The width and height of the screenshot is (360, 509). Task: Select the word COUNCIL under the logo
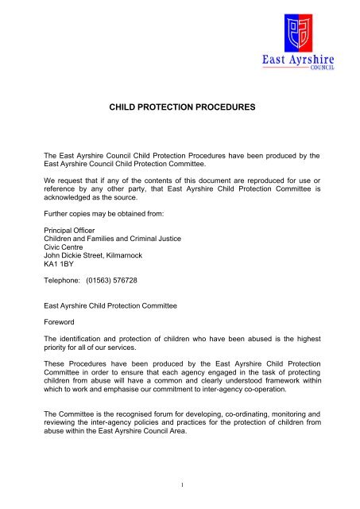tap(317, 69)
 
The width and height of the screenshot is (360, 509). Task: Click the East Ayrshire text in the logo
tap(300, 59)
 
